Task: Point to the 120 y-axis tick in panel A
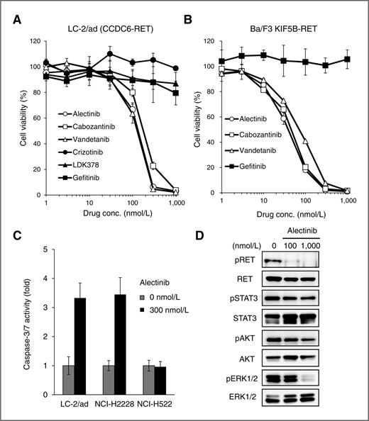(x=33, y=42)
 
